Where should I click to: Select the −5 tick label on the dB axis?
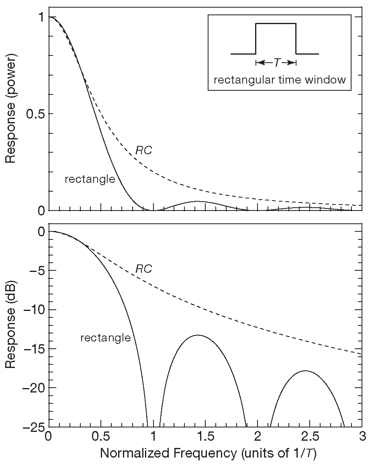pos(36,271)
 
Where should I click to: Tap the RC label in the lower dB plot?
pos(143,269)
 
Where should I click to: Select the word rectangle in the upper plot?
pos(90,179)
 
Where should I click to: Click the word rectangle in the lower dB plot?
pos(106,338)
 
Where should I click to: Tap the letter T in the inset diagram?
pos(276,63)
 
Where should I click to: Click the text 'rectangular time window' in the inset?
pos(280,80)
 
